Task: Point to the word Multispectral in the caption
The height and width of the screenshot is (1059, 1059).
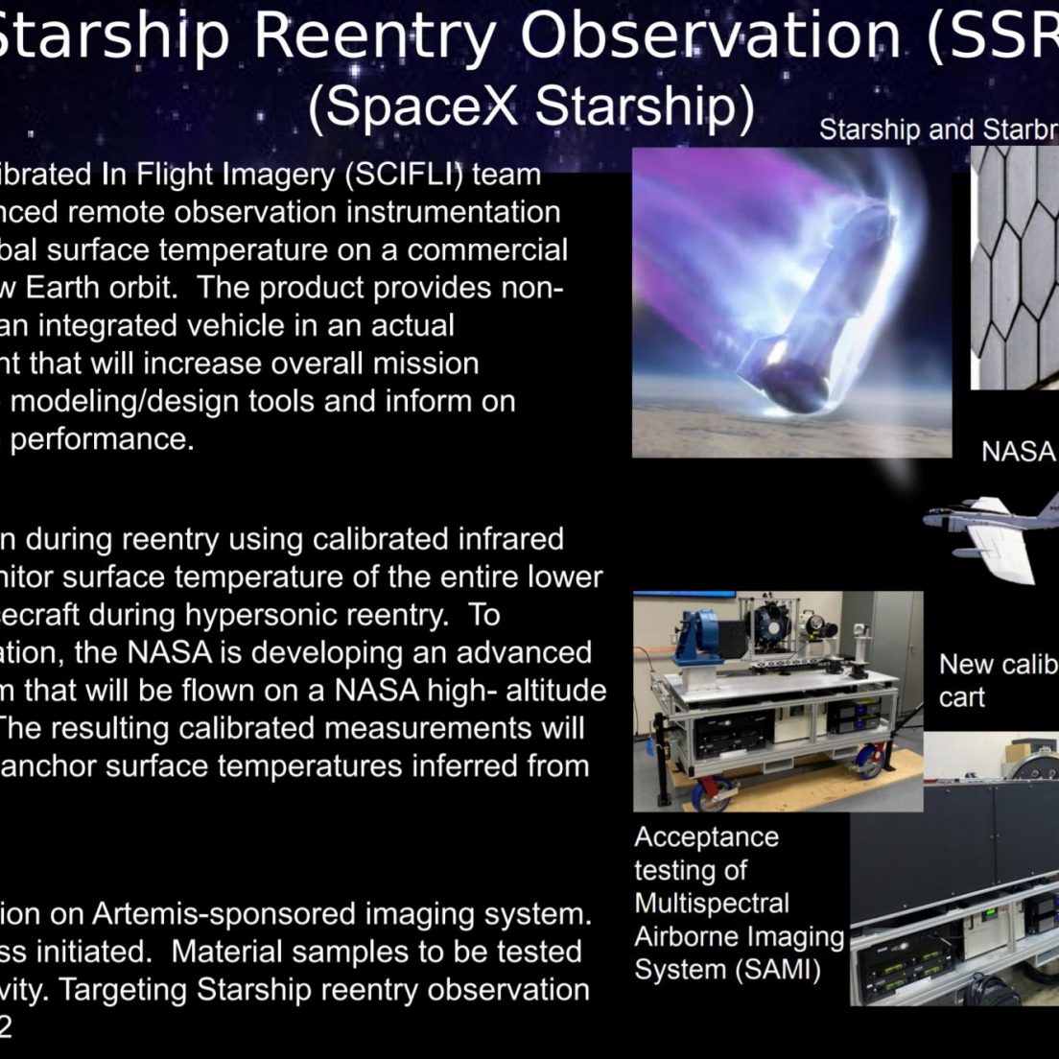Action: click(711, 903)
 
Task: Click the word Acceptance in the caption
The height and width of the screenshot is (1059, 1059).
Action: click(706, 836)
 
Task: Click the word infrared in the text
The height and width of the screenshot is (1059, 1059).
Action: click(510, 539)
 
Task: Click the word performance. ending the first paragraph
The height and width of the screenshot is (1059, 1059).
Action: click(102, 439)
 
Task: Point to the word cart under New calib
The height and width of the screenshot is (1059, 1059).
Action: click(962, 697)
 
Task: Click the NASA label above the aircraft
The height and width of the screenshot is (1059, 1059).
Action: click(1018, 451)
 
